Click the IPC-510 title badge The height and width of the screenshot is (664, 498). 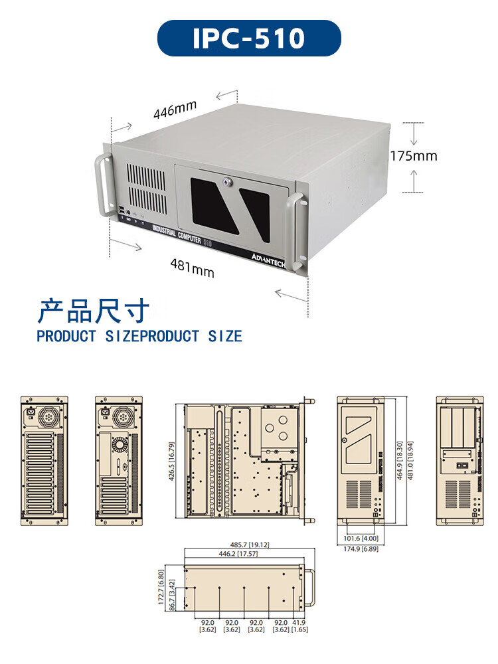pos(249,38)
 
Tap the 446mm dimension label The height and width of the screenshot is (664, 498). pos(175,110)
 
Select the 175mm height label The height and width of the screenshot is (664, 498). pos(414,156)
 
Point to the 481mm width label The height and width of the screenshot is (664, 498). pos(193,268)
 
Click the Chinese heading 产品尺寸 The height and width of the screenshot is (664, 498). pos(93,310)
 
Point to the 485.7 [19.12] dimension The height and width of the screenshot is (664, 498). pos(249,544)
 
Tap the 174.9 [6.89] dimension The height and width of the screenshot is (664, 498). pos(361,549)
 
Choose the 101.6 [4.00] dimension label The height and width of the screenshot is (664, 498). pos(361,539)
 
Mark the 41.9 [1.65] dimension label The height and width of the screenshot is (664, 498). pos(299,625)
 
